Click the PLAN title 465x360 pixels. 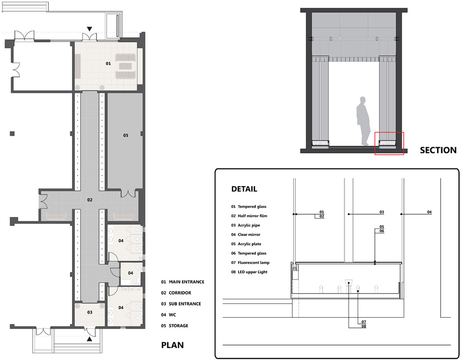(x=172, y=345)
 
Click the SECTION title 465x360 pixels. (x=438, y=150)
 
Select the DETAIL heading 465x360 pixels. (x=244, y=189)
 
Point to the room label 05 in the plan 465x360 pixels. (x=126, y=135)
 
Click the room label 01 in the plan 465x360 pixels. (x=108, y=64)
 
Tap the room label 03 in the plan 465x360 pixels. (x=90, y=312)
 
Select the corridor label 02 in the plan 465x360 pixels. (x=90, y=200)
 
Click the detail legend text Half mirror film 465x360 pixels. (x=252, y=216)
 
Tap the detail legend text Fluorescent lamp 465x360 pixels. (x=254, y=263)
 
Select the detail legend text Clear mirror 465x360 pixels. (x=249, y=235)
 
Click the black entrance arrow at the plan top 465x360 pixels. (x=89, y=29)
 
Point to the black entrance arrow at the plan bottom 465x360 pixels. (x=89, y=339)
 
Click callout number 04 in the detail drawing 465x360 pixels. (x=429, y=212)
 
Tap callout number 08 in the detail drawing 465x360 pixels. (x=364, y=326)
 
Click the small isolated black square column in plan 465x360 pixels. (x=12, y=134)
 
